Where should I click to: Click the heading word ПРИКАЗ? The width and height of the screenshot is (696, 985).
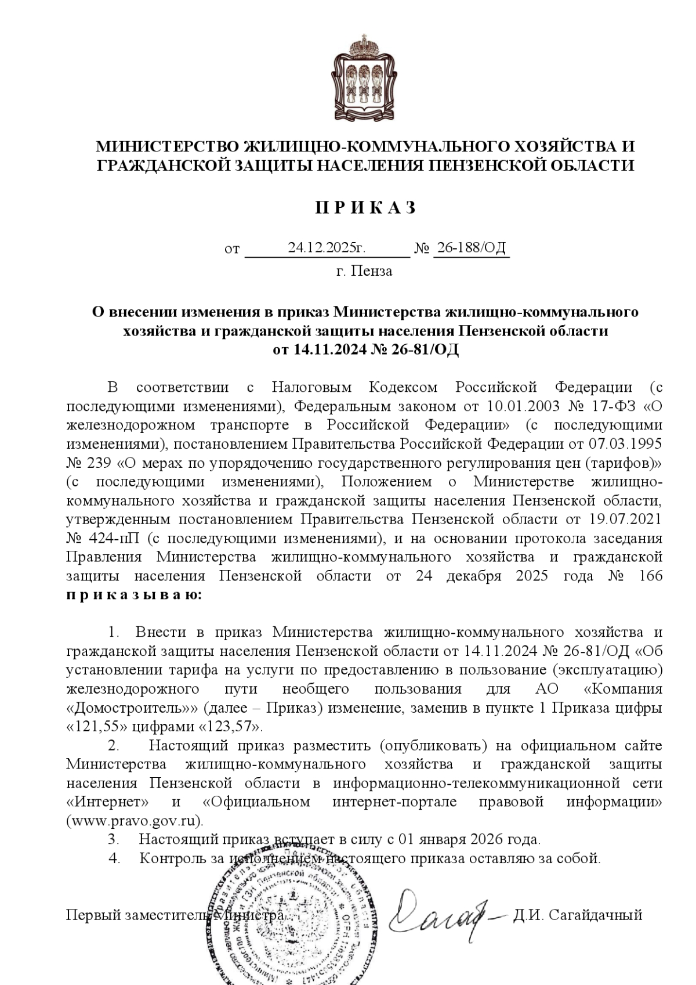click(x=365, y=208)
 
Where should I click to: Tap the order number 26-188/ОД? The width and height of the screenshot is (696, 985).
click(x=472, y=248)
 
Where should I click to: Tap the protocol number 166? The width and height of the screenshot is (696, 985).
click(x=649, y=576)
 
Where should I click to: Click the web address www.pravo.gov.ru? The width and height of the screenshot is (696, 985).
click(x=135, y=821)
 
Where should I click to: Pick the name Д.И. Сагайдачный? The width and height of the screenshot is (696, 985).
click(x=577, y=915)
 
